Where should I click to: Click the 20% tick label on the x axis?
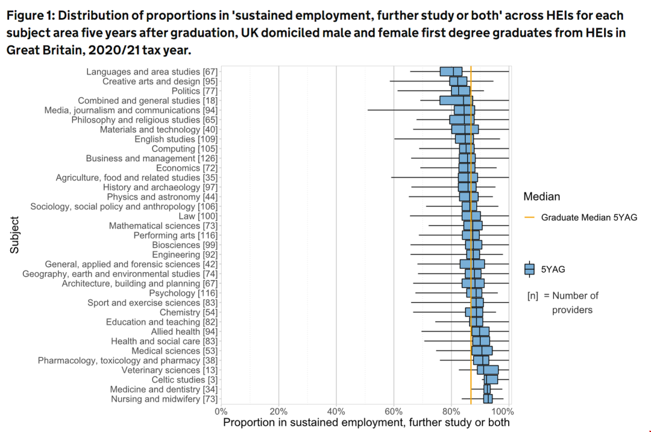click(x=278, y=411)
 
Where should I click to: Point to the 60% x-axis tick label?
click(x=394, y=411)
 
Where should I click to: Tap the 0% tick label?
click(x=221, y=411)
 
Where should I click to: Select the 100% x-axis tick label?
click(x=505, y=411)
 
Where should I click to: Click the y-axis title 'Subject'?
click(x=14, y=235)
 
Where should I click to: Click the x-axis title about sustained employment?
click(x=366, y=422)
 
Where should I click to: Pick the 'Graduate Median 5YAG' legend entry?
click(x=588, y=217)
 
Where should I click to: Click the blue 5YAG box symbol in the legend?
click(x=530, y=269)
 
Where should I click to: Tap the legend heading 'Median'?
click(x=541, y=197)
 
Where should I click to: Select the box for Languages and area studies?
click(x=451, y=71)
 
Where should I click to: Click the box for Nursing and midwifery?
click(x=488, y=399)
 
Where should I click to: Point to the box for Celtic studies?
click(x=491, y=380)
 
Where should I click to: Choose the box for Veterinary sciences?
click(x=488, y=370)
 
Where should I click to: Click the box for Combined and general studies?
click(x=456, y=100)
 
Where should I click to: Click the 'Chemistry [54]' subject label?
click(x=188, y=313)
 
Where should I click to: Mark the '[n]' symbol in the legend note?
click(x=533, y=296)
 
